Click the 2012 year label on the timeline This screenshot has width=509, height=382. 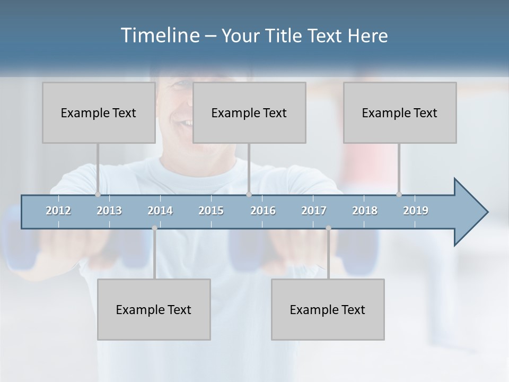click(58, 211)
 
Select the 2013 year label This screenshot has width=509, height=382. click(109, 211)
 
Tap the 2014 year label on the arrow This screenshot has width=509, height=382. click(160, 211)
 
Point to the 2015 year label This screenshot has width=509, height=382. click(211, 211)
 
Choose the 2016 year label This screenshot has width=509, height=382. click(263, 211)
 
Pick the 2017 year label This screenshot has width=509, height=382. click(314, 211)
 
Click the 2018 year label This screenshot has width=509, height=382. click(365, 211)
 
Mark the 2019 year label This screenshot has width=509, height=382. click(416, 211)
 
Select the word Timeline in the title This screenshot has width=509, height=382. click(159, 36)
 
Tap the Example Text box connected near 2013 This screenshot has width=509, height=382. click(99, 112)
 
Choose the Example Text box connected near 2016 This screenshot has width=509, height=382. click(249, 112)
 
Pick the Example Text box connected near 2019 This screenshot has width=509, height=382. click(400, 112)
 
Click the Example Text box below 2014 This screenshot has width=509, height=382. click(154, 309)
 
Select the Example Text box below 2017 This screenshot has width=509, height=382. click(328, 309)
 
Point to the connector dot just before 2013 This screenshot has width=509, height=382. click(98, 194)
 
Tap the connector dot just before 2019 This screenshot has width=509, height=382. click(399, 194)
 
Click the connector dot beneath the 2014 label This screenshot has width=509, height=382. click(154, 228)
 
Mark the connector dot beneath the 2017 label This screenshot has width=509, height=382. click(328, 228)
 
